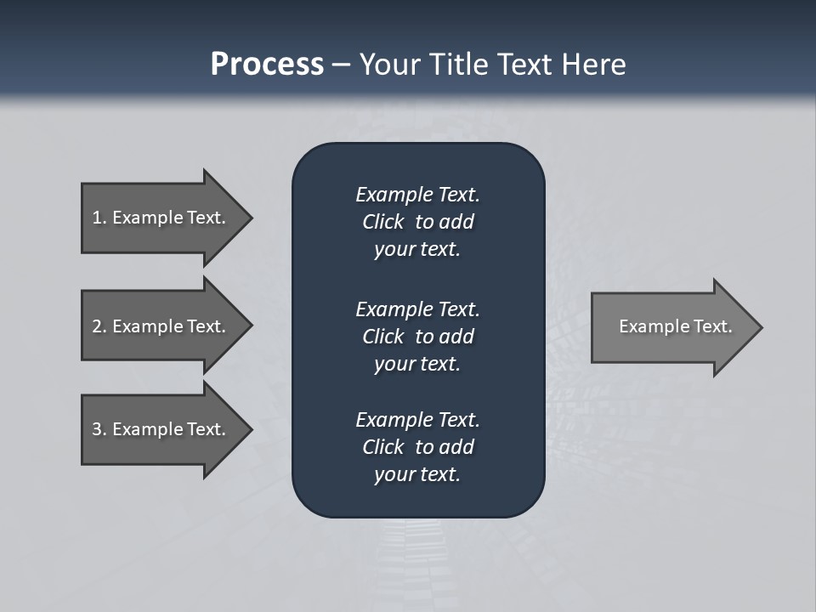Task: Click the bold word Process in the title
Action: [x=267, y=65]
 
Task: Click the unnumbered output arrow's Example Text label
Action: [x=675, y=326]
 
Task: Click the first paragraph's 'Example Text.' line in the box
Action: [x=417, y=195]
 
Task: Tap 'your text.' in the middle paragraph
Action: [x=417, y=364]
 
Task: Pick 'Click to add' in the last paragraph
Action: [x=417, y=447]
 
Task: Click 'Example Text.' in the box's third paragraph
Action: [x=417, y=420]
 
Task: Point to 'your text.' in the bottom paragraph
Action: [x=417, y=474]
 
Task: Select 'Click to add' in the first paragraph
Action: [x=417, y=222]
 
